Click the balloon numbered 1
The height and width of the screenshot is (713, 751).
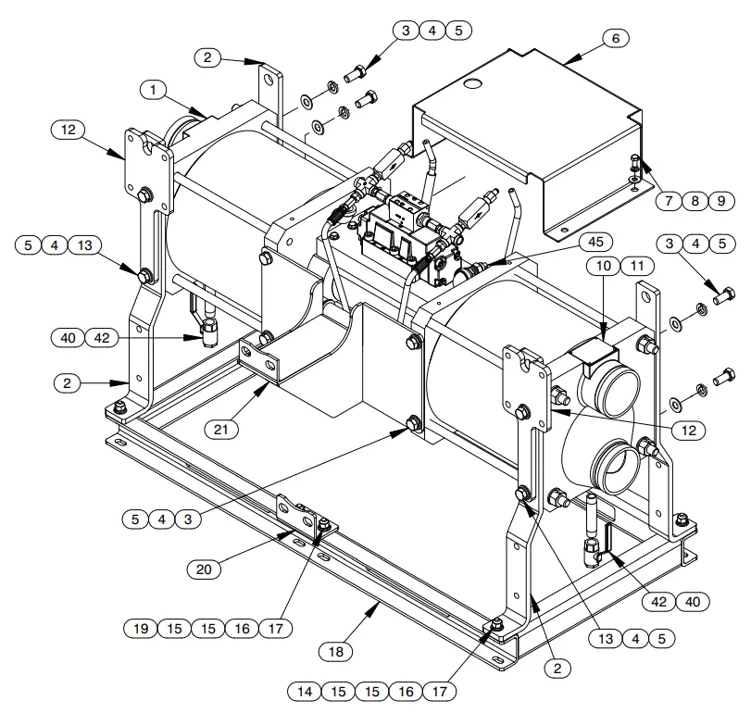click(155, 90)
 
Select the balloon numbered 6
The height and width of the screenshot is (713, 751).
click(615, 38)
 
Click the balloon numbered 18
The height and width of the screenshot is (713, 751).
click(338, 652)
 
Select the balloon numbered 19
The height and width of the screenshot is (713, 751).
click(141, 629)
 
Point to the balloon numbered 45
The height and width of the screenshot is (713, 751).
click(595, 242)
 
